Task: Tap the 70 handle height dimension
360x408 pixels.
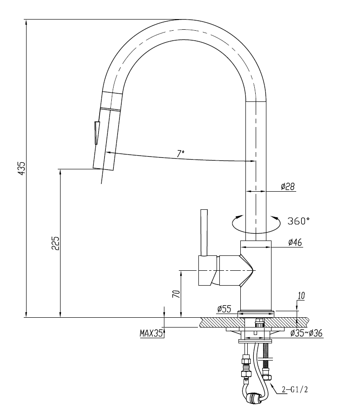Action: [x=176, y=294]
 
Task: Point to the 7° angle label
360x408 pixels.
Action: [x=181, y=153]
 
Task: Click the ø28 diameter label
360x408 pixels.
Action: [x=287, y=187]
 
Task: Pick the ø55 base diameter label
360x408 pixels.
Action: [x=224, y=308]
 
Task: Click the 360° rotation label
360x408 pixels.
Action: [x=299, y=221]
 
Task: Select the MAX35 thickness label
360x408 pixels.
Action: [x=151, y=334]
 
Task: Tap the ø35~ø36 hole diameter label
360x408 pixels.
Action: [x=306, y=333]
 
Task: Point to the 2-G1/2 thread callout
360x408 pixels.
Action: [x=294, y=390]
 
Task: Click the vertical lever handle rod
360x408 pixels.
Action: [x=203, y=232]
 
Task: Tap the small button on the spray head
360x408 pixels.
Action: [x=97, y=133]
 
